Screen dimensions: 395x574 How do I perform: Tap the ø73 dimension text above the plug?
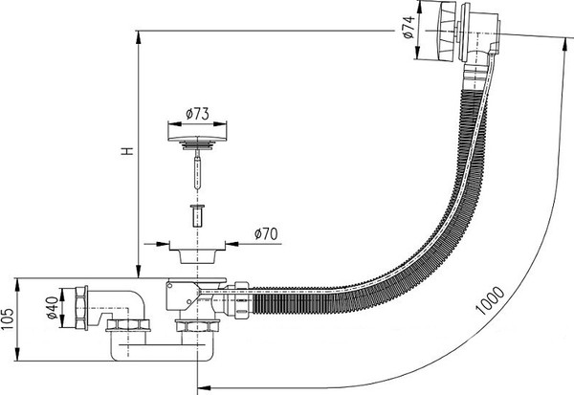click(197, 114)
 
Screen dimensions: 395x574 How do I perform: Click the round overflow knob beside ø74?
click(441, 34)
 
